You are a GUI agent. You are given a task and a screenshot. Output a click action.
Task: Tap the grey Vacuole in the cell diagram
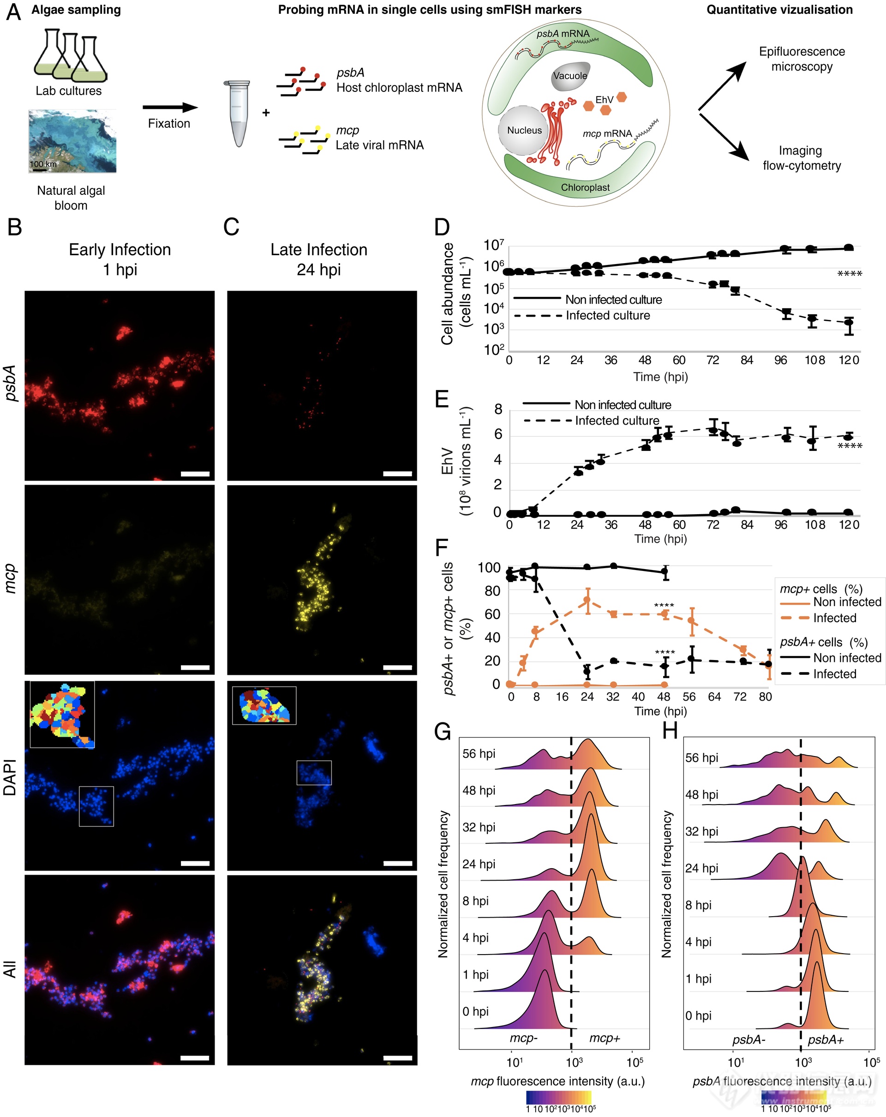click(569, 77)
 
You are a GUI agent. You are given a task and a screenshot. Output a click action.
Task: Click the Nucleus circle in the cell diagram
click(523, 131)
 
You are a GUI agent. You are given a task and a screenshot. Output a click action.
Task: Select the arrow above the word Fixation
click(170, 107)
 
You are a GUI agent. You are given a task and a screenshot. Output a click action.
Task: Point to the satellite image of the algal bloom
click(72, 141)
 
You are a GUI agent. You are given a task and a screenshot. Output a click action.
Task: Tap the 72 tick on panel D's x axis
click(712, 360)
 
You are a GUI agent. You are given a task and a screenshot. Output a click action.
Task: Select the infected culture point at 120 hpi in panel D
click(848, 322)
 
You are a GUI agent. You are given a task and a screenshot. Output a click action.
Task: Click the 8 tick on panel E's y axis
click(498, 410)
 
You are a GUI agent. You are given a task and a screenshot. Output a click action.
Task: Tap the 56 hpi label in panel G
click(479, 753)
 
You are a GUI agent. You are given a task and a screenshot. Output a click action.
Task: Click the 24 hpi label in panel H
click(702, 868)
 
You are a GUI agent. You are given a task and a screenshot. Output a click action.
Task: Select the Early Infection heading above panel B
click(120, 250)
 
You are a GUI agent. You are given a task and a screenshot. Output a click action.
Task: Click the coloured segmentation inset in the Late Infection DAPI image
click(264, 705)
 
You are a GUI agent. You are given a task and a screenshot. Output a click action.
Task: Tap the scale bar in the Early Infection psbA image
click(195, 474)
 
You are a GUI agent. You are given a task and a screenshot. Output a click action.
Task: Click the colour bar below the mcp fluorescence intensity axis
click(559, 1097)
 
